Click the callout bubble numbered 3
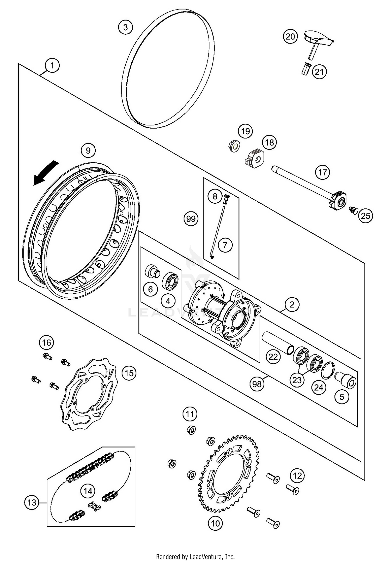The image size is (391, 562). (x=125, y=27)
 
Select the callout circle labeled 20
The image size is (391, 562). (x=290, y=37)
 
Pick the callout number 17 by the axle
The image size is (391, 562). (x=322, y=172)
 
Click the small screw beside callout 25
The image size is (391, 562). (x=353, y=209)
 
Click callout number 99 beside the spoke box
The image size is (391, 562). (x=191, y=219)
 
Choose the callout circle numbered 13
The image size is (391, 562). (x=32, y=502)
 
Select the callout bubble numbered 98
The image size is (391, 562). (x=257, y=384)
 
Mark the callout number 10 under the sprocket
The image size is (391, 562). (x=215, y=523)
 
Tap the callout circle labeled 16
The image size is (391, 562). (x=47, y=342)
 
